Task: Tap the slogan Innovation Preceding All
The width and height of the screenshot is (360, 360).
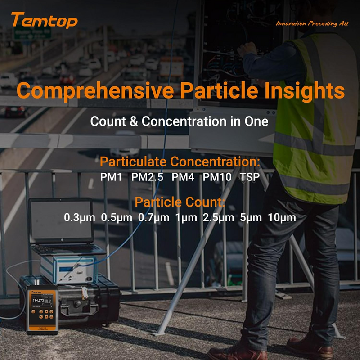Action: (312, 23)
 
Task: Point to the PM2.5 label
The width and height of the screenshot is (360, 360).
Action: (147, 177)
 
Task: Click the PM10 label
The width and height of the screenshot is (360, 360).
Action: (217, 177)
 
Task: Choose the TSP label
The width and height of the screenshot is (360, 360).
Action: (250, 177)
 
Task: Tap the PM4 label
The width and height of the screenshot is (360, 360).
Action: (183, 177)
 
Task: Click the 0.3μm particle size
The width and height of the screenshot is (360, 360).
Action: (80, 218)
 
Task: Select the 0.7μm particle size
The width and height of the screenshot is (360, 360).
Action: (154, 218)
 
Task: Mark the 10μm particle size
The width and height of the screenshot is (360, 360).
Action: (282, 218)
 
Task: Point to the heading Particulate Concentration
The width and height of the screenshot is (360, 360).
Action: (180, 162)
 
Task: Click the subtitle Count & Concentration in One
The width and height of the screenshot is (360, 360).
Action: (180, 121)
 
